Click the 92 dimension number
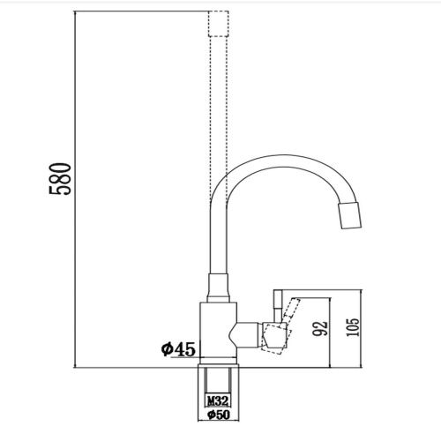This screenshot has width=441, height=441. (321, 328)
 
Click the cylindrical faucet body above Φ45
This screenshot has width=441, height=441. (216, 331)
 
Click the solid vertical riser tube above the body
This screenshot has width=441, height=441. (214, 238)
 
